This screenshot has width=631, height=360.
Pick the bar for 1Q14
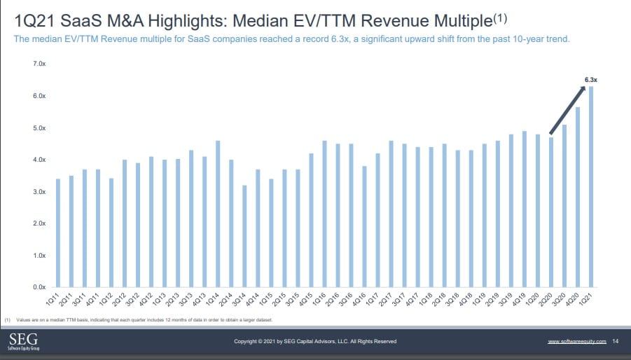point(217,214)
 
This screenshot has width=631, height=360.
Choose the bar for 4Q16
point(364,227)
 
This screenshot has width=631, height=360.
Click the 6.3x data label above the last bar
point(591,81)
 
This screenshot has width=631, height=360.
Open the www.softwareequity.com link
point(576,341)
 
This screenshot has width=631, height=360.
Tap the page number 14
point(615,341)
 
